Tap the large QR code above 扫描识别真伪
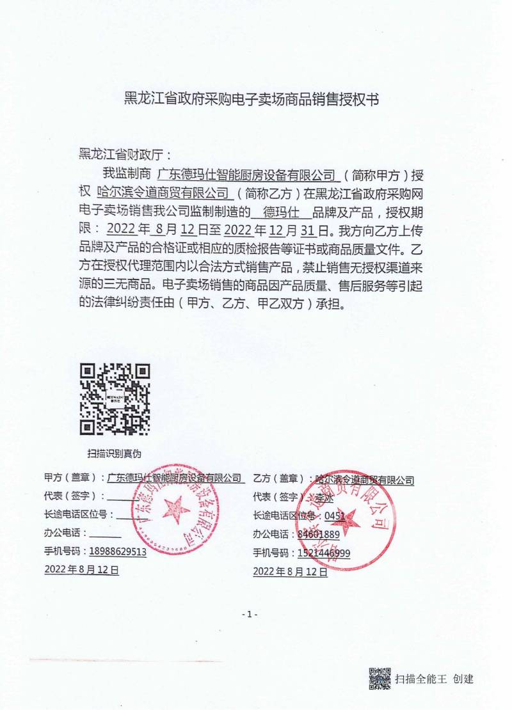tap(115, 399)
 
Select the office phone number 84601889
tap(318, 534)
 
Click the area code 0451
tap(335, 516)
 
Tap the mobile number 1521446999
tap(323, 553)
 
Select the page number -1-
tap(250, 615)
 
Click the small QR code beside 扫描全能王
tap(379, 679)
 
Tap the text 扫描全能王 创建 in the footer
tap(434, 679)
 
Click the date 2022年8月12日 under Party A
tap(81, 569)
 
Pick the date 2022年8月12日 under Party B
tap(291, 572)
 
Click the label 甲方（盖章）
tap(70, 478)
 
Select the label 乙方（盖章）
tap(279, 478)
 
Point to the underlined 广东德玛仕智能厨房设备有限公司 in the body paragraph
tap(246, 174)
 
